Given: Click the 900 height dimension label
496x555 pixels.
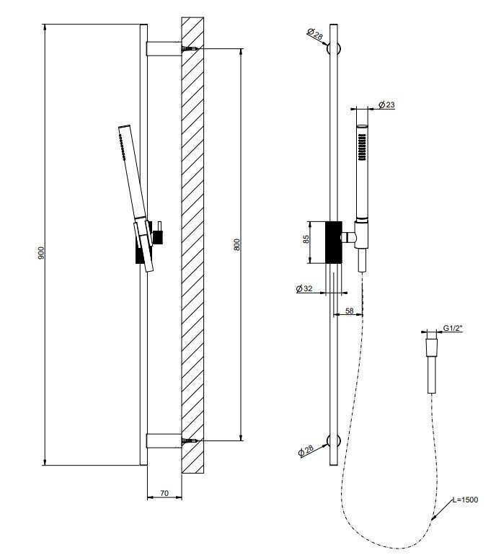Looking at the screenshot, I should [43, 253].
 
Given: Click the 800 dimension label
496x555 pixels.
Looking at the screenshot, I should [237, 244].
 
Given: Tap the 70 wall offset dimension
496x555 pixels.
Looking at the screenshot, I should [164, 494].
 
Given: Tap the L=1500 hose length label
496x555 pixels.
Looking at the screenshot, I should [465, 499].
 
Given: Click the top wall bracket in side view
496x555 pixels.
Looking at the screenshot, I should [164, 49].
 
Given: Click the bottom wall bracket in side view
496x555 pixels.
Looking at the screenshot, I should [164, 440].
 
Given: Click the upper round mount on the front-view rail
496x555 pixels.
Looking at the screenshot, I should [334, 49].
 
